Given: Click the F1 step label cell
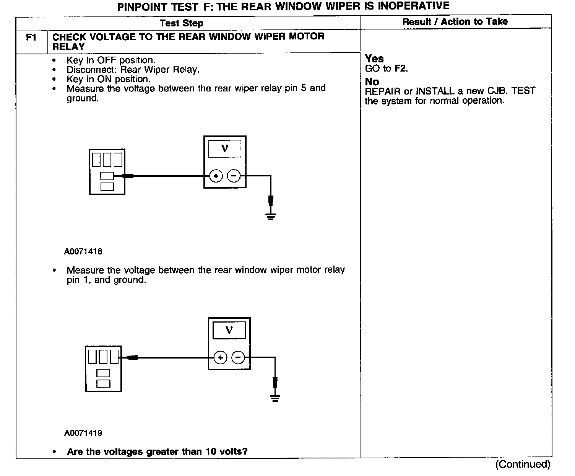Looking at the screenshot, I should pyautogui.click(x=31, y=38).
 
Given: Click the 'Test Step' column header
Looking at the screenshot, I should pyautogui.click(x=181, y=23).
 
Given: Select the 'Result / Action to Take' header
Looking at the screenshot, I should pyautogui.click(x=455, y=22).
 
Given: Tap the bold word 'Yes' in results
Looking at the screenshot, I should pyautogui.click(x=374, y=59).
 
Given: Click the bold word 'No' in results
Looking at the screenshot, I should pyautogui.click(x=372, y=82).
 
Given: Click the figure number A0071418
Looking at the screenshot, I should pyautogui.click(x=83, y=251).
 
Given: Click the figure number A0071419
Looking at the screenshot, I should pyautogui.click(x=83, y=433).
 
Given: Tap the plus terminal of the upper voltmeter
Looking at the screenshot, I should pyautogui.click(x=216, y=176).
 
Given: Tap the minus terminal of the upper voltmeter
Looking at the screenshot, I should pyautogui.click(x=234, y=176).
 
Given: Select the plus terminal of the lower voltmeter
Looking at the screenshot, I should pyautogui.click(x=220, y=358).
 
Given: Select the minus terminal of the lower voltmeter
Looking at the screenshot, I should pyautogui.click(x=238, y=358).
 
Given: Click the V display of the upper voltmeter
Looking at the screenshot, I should pyautogui.click(x=225, y=148).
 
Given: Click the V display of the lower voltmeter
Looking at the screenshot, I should pyautogui.click(x=229, y=330).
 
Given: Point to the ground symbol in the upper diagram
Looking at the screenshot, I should pyautogui.click(x=271, y=217).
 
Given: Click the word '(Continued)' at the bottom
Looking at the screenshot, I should pyautogui.click(x=523, y=464).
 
